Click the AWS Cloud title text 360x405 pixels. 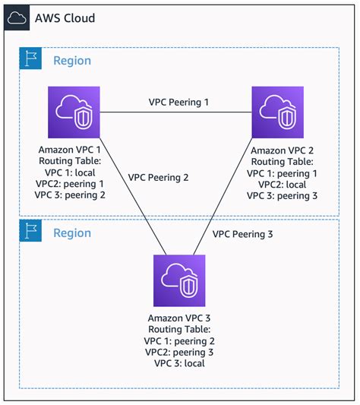[65, 17]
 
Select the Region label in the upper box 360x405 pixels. [71, 61]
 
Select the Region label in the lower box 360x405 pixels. [71, 233]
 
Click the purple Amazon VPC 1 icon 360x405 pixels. [72, 112]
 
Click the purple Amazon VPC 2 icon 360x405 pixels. [277, 112]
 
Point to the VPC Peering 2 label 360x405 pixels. [158, 177]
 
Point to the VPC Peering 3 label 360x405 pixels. [242, 234]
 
